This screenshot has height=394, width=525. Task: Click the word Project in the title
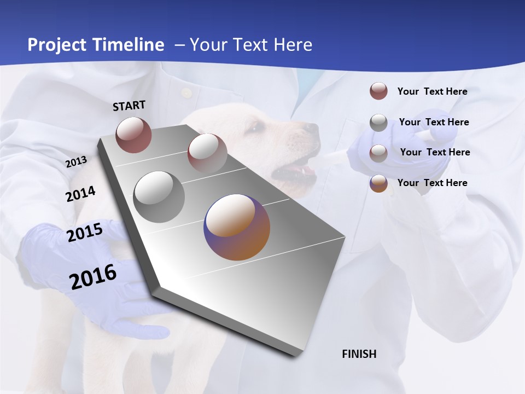click(x=57, y=45)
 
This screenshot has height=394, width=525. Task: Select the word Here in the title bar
click(x=293, y=45)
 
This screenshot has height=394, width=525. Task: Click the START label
click(x=129, y=106)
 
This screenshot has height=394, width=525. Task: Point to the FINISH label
click(x=359, y=354)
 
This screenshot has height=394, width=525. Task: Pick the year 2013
click(x=76, y=162)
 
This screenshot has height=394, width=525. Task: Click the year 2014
click(x=80, y=194)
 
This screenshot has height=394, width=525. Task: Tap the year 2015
click(x=85, y=233)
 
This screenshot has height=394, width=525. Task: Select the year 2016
click(x=93, y=277)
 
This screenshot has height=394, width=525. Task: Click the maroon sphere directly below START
click(x=133, y=135)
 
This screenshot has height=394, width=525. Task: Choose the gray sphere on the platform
click(x=159, y=197)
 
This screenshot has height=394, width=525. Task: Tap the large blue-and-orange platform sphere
click(x=237, y=227)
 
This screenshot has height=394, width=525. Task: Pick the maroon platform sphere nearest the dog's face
click(x=207, y=153)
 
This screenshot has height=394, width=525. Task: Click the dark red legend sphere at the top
click(x=378, y=91)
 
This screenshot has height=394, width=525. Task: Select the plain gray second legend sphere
click(x=378, y=123)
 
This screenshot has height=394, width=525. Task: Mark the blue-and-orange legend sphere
click(x=378, y=183)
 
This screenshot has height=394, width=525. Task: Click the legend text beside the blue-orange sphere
click(x=432, y=183)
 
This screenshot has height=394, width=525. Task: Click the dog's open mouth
click(x=295, y=171)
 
